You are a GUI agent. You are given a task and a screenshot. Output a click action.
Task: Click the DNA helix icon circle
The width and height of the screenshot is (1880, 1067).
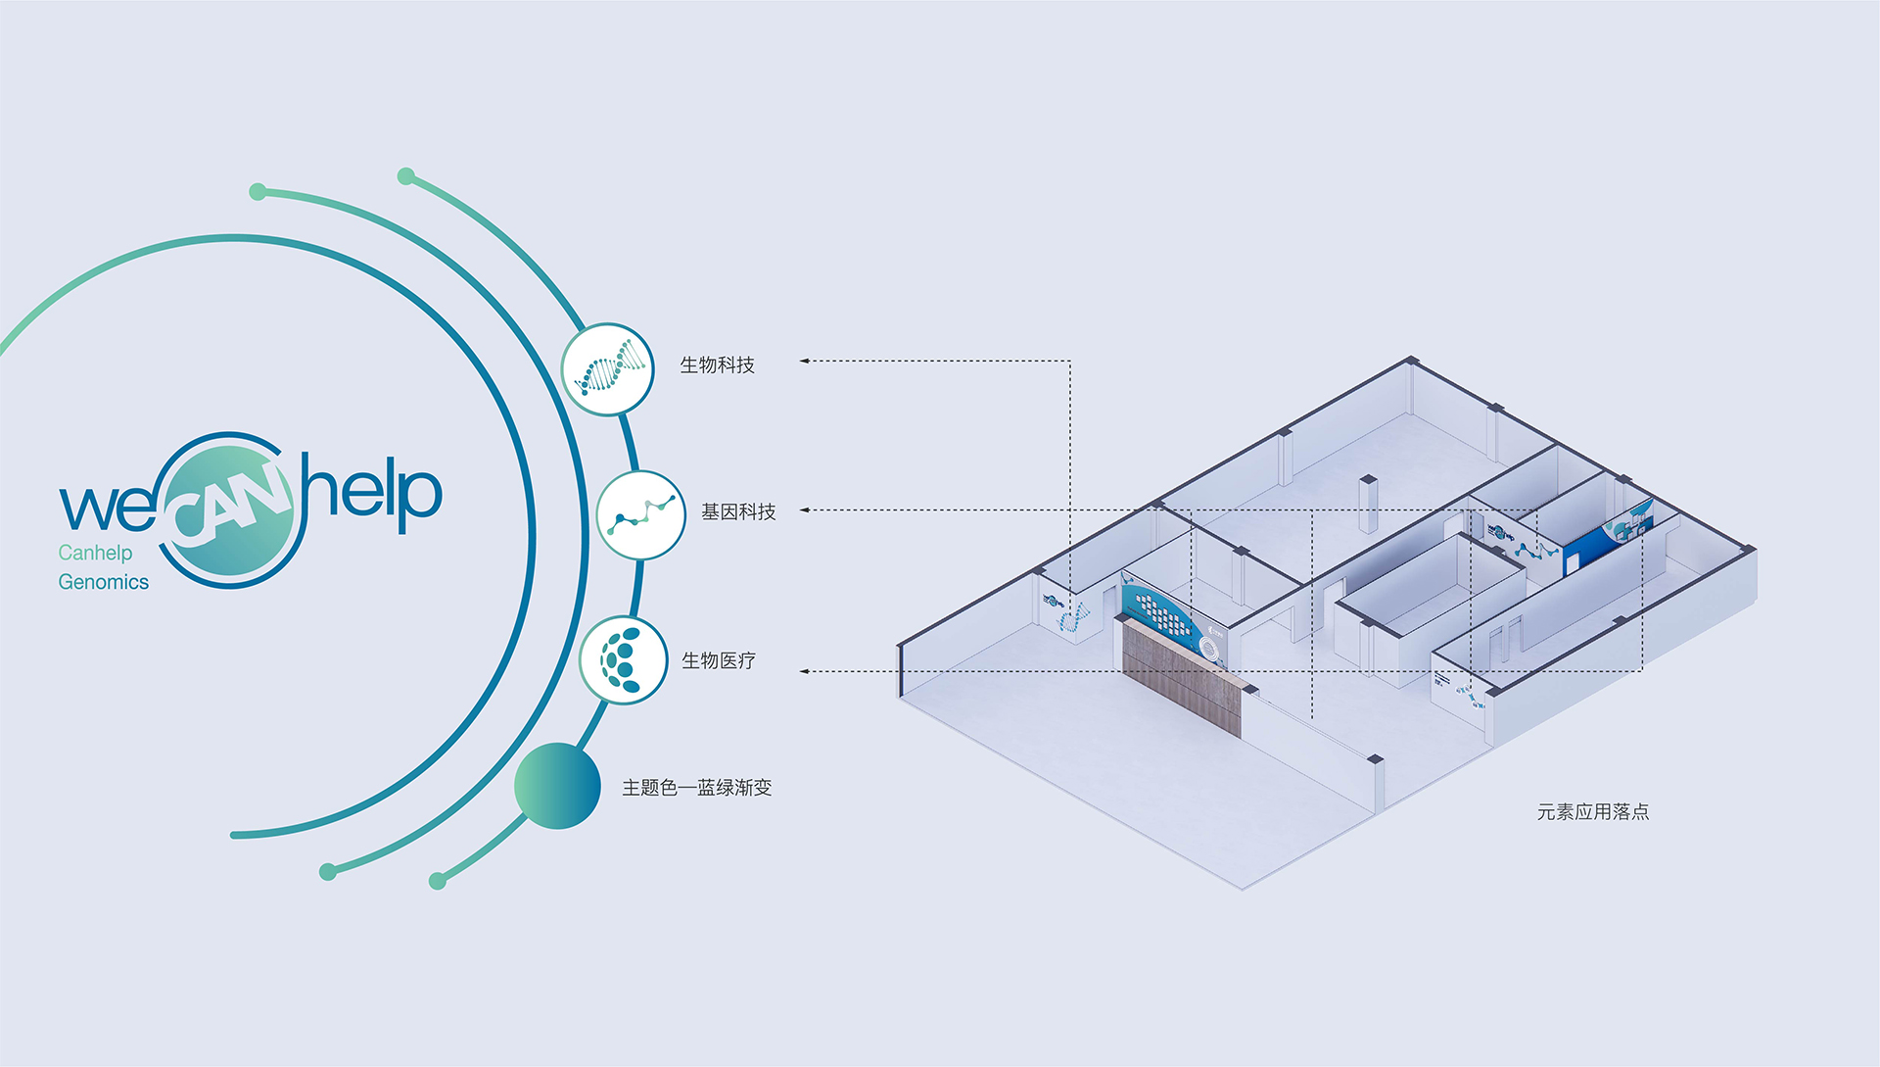coord(608,369)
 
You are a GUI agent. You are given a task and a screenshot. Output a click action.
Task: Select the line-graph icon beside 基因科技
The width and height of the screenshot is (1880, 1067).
coord(641,515)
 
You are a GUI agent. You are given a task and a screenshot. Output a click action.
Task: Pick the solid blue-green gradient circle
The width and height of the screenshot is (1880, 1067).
coord(557,786)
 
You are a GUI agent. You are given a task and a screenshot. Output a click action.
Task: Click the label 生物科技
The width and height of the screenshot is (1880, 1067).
coord(718,364)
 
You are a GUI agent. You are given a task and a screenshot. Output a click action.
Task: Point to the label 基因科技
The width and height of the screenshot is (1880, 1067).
coord(738,511)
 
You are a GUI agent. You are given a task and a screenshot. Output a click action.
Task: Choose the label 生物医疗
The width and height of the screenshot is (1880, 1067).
coord(719,660)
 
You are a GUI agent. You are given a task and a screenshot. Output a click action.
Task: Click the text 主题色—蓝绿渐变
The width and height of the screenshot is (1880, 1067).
coord(697,788)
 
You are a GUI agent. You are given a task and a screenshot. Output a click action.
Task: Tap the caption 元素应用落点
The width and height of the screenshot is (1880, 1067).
coord(1593,811)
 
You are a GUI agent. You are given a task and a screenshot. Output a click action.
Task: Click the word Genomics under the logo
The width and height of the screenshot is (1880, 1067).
coord(104,582)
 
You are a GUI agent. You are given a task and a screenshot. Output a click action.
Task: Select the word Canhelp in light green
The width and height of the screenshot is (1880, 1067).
coord(95,553)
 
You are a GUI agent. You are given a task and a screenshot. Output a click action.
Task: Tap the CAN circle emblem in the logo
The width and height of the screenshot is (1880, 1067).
coord(231,510)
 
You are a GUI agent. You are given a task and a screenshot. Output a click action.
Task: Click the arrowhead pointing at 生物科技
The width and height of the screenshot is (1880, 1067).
coord(804,361)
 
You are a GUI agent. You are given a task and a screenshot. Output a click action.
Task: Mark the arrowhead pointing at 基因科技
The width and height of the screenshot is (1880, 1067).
coord(804,509)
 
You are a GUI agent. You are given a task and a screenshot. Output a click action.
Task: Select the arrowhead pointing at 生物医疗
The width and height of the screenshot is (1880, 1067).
coord(804,671)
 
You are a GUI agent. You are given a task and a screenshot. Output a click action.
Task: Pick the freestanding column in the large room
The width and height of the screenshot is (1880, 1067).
coord(1368,504)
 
